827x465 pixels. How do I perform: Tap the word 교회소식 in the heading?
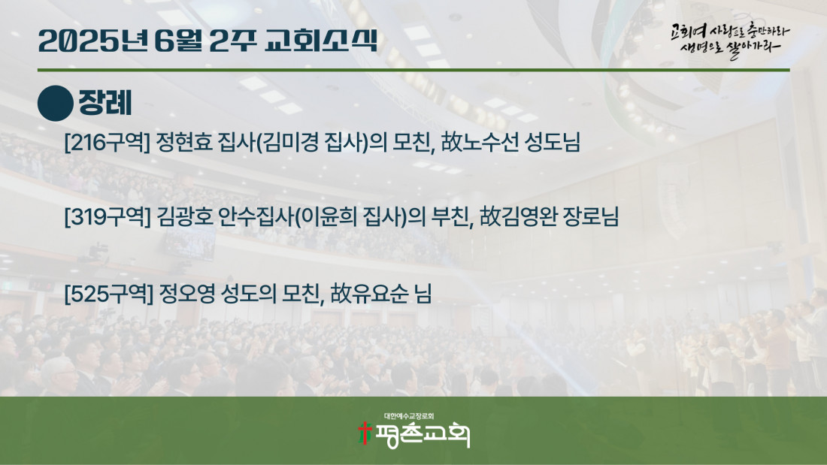click(321, 40)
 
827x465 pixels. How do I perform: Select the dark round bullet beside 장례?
click(56, 104)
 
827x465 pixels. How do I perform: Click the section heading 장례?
click(105, 103)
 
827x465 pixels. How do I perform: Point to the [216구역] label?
click(108, 142)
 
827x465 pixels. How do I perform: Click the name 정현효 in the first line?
click(184, 142)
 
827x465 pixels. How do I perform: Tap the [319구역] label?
click(108, 216)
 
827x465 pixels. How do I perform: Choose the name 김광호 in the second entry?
click(185, 216)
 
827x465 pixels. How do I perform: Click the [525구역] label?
click(109, 294)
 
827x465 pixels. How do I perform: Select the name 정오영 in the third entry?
click(186, 294)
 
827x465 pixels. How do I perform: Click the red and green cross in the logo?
click(364, 433)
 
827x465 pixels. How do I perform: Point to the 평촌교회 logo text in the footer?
click(422, 435)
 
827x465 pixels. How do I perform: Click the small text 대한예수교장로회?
click(409, 416)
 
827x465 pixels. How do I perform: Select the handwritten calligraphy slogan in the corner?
click(730, 40)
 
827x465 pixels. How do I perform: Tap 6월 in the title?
click(178, 41)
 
